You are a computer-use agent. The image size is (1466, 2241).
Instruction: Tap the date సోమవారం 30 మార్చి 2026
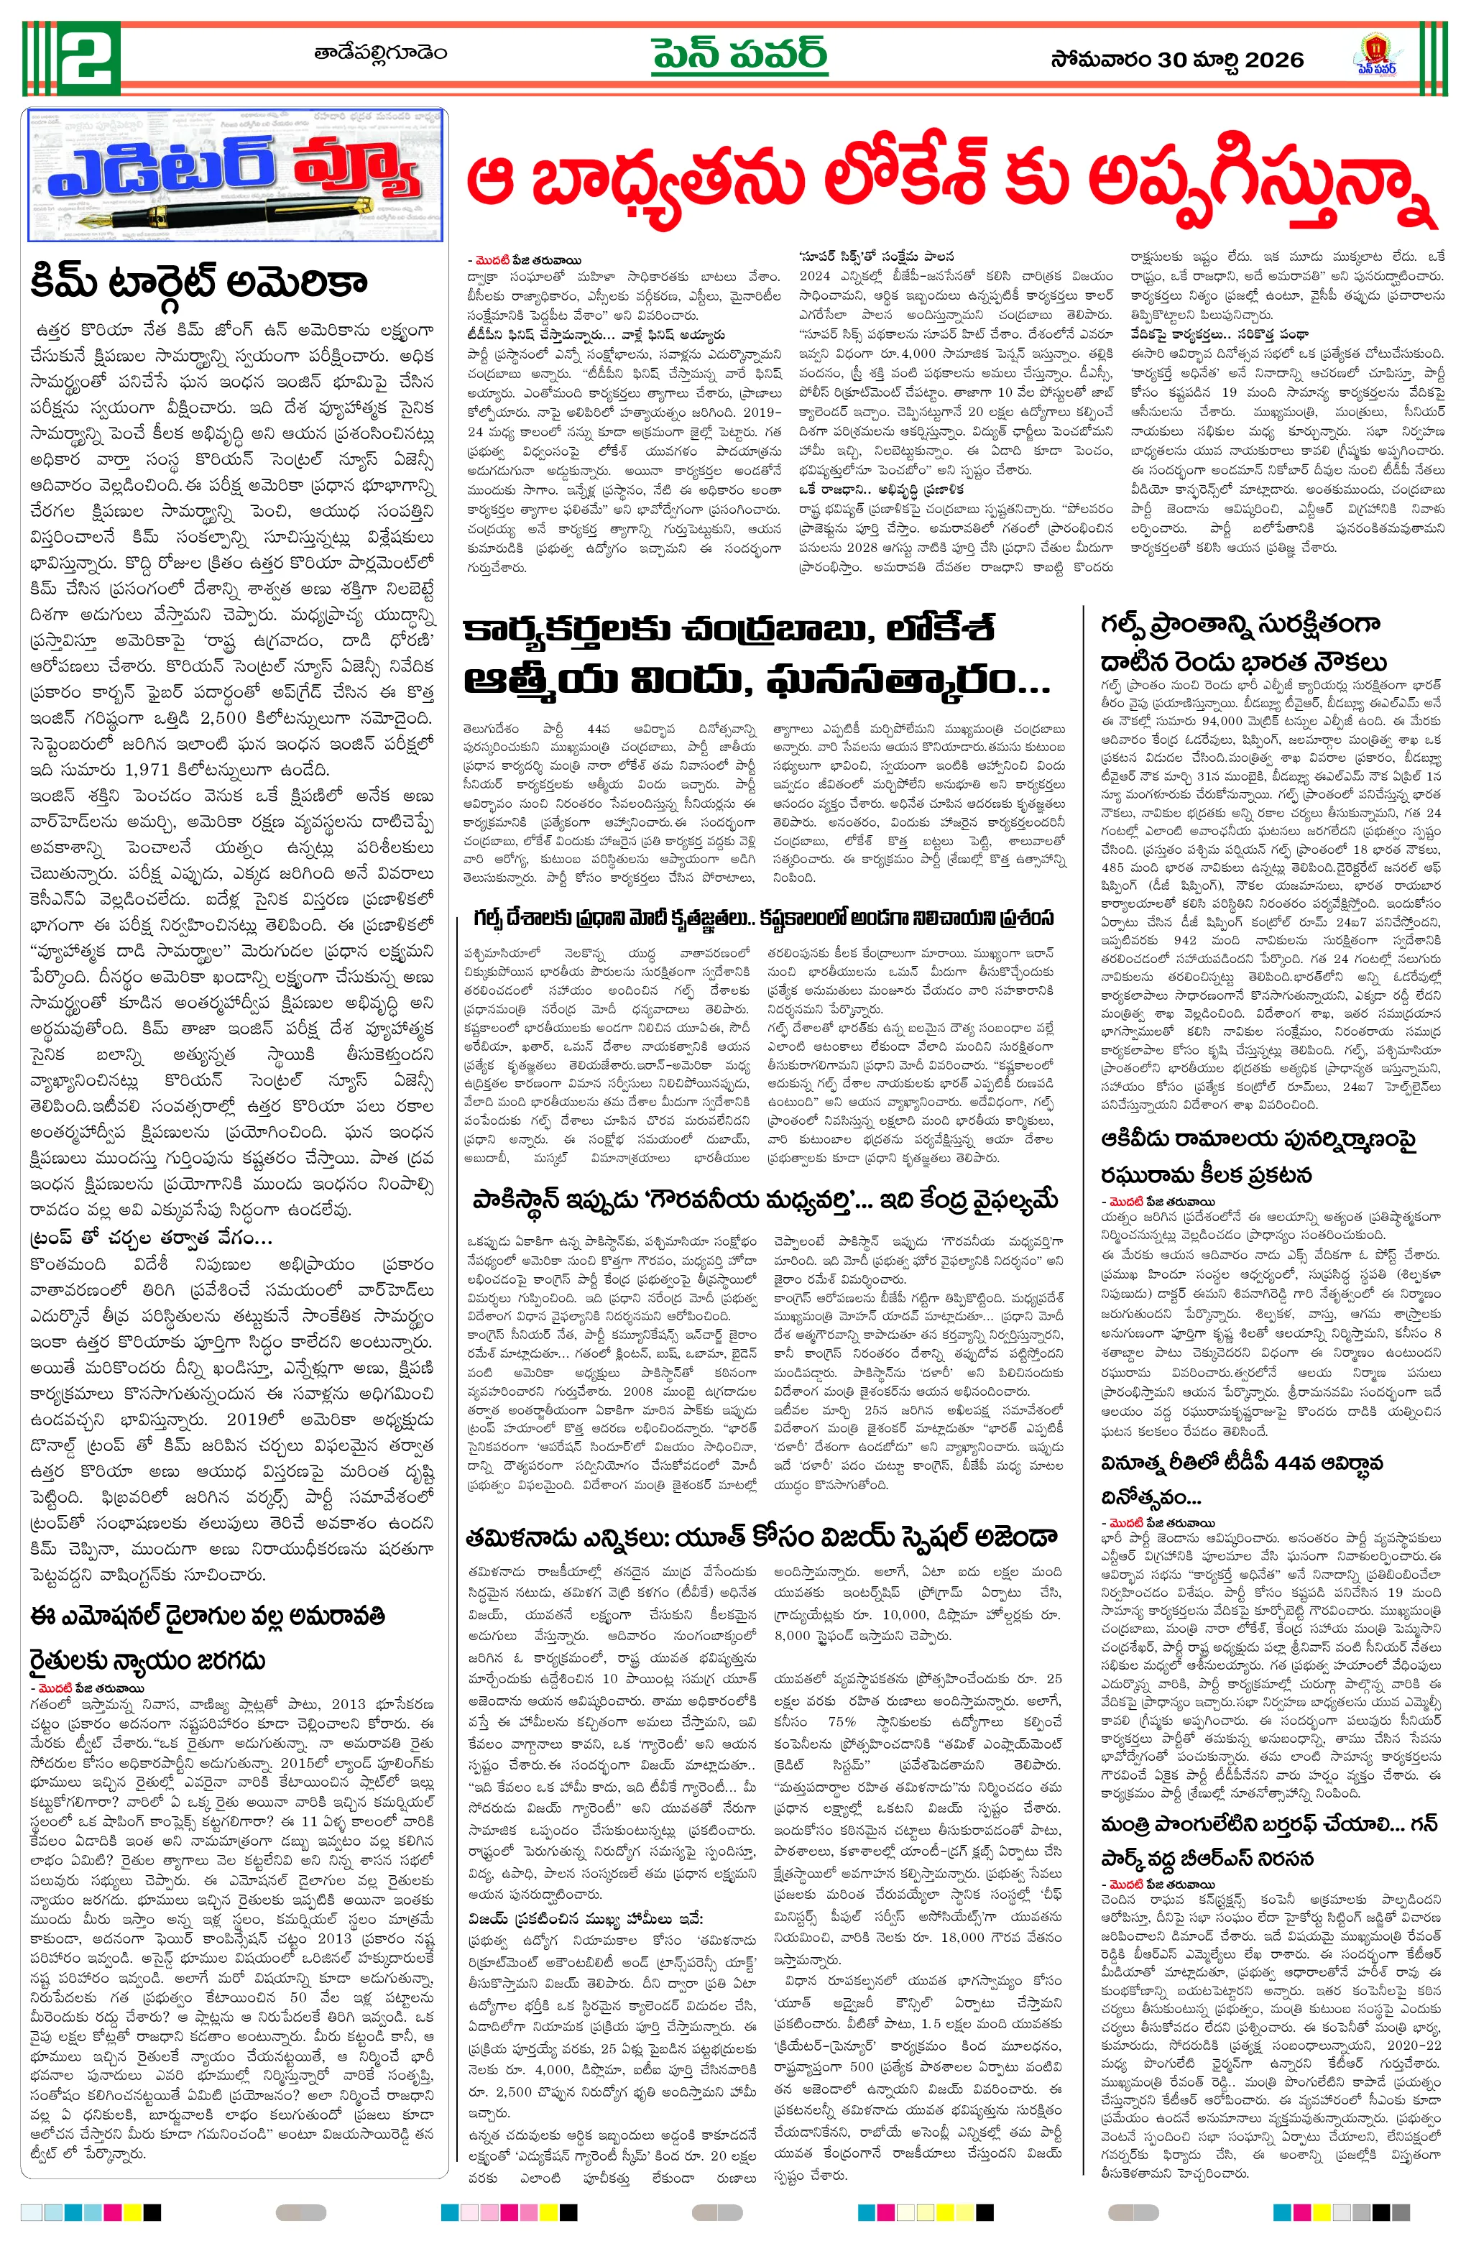[1177, 60]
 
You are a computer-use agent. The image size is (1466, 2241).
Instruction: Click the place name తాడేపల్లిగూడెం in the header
[380, 52]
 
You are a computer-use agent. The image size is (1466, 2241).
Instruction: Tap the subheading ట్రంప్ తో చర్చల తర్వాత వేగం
[151, 1236]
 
